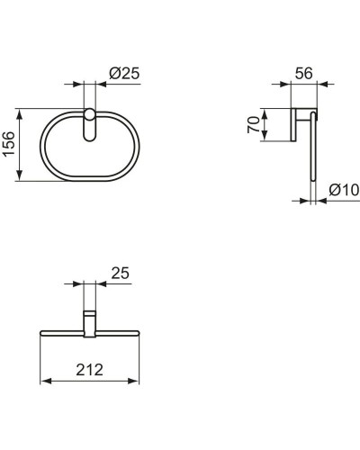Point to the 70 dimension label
click(255, 122)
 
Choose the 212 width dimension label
click(88, 369)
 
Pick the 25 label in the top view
click(121, 272)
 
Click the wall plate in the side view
click(293, 125)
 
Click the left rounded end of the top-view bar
click(44, 332)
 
